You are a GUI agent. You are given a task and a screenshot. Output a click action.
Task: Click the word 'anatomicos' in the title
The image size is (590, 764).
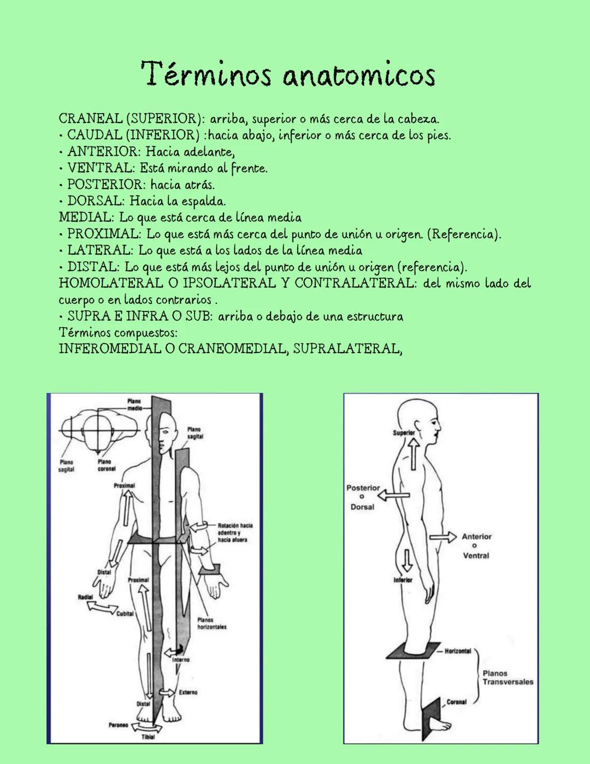coord(359,75)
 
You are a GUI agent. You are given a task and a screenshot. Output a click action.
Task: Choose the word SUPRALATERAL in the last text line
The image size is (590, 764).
coord(347,349)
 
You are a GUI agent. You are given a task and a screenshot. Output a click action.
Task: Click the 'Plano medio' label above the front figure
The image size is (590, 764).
coord(134,404)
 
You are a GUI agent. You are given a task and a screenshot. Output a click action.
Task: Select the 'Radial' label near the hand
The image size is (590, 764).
coord(85,597)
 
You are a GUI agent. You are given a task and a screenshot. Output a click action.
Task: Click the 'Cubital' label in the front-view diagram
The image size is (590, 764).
coord(125,614)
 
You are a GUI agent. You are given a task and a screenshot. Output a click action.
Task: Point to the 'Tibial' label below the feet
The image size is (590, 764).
coord(148,737)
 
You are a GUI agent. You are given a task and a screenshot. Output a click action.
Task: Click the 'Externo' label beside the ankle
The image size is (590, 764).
coord(188,692)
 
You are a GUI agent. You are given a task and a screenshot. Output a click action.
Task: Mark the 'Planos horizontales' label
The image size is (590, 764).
coord(212,624)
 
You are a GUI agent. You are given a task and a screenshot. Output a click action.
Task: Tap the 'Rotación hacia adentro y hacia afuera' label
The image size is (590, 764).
coord(235,532)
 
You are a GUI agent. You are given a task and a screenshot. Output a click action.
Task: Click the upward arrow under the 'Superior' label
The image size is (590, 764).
coord(414,454)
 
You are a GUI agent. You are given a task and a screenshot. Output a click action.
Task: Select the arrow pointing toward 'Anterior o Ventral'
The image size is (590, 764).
coord(443,537)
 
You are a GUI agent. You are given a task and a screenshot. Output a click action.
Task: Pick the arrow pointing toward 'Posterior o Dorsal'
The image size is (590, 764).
coord(393,495)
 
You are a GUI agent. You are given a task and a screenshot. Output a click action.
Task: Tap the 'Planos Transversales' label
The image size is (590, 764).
coord(508,678)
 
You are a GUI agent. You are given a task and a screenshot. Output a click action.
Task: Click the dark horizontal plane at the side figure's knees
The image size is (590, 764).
coord(414,650)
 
